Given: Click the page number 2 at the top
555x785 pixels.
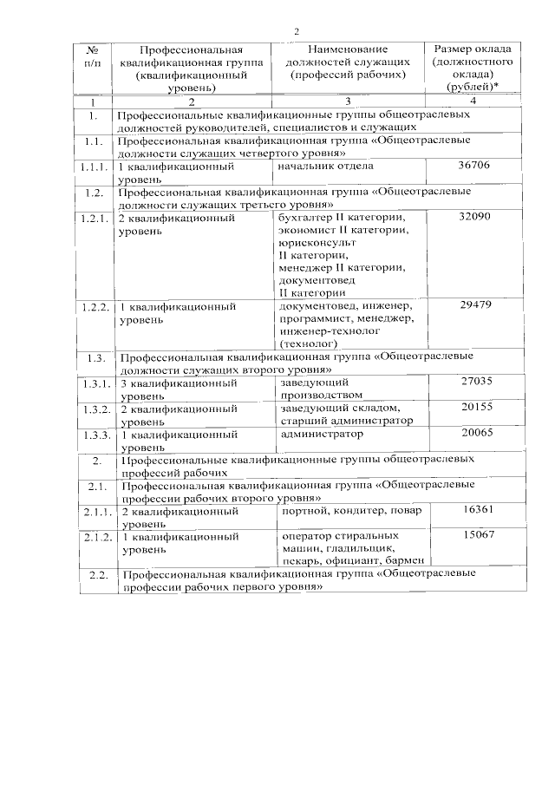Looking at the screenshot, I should click(297, 31).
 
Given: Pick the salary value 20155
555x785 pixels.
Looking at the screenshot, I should click(476, 407).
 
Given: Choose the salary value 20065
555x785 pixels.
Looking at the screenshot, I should click(476, 432).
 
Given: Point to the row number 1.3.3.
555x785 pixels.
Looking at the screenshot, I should click(94, 434).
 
